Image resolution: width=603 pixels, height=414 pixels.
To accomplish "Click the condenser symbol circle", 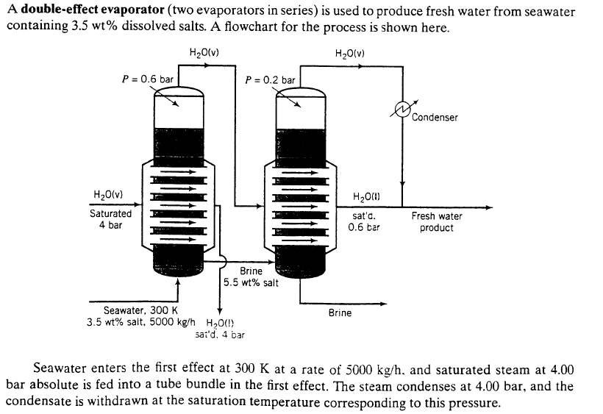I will coord(402,108).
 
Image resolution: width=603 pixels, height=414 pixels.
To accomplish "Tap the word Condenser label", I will coord(435,118).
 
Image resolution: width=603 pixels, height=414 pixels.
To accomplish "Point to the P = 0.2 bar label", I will coord(270,79).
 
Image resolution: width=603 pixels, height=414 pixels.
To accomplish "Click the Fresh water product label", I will coord(436,221).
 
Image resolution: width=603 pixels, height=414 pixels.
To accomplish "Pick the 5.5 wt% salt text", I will coord(250,283).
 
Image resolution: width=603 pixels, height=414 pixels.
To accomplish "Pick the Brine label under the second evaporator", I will coord(340,313).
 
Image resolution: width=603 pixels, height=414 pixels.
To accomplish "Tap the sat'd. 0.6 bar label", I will coord(364,222).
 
